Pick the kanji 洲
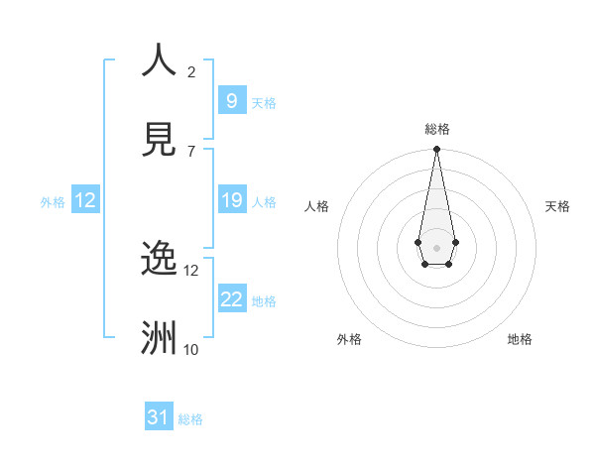[159, 338]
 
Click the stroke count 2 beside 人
[191, 72]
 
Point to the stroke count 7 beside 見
[191, 152]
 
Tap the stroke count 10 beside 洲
[191, 350]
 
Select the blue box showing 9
[231, 100]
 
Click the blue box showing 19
[231, 200]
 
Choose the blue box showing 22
[231, 299]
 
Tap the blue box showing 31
[159, 417]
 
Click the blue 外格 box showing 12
[85, 200]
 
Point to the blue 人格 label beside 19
[264, 202]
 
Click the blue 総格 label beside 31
[190, 419]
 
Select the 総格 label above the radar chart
[436, 129]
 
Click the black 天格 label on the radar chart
[557, 206]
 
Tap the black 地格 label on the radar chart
[520, 339]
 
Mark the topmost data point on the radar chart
[436, 150]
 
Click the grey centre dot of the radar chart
[436, 246]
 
